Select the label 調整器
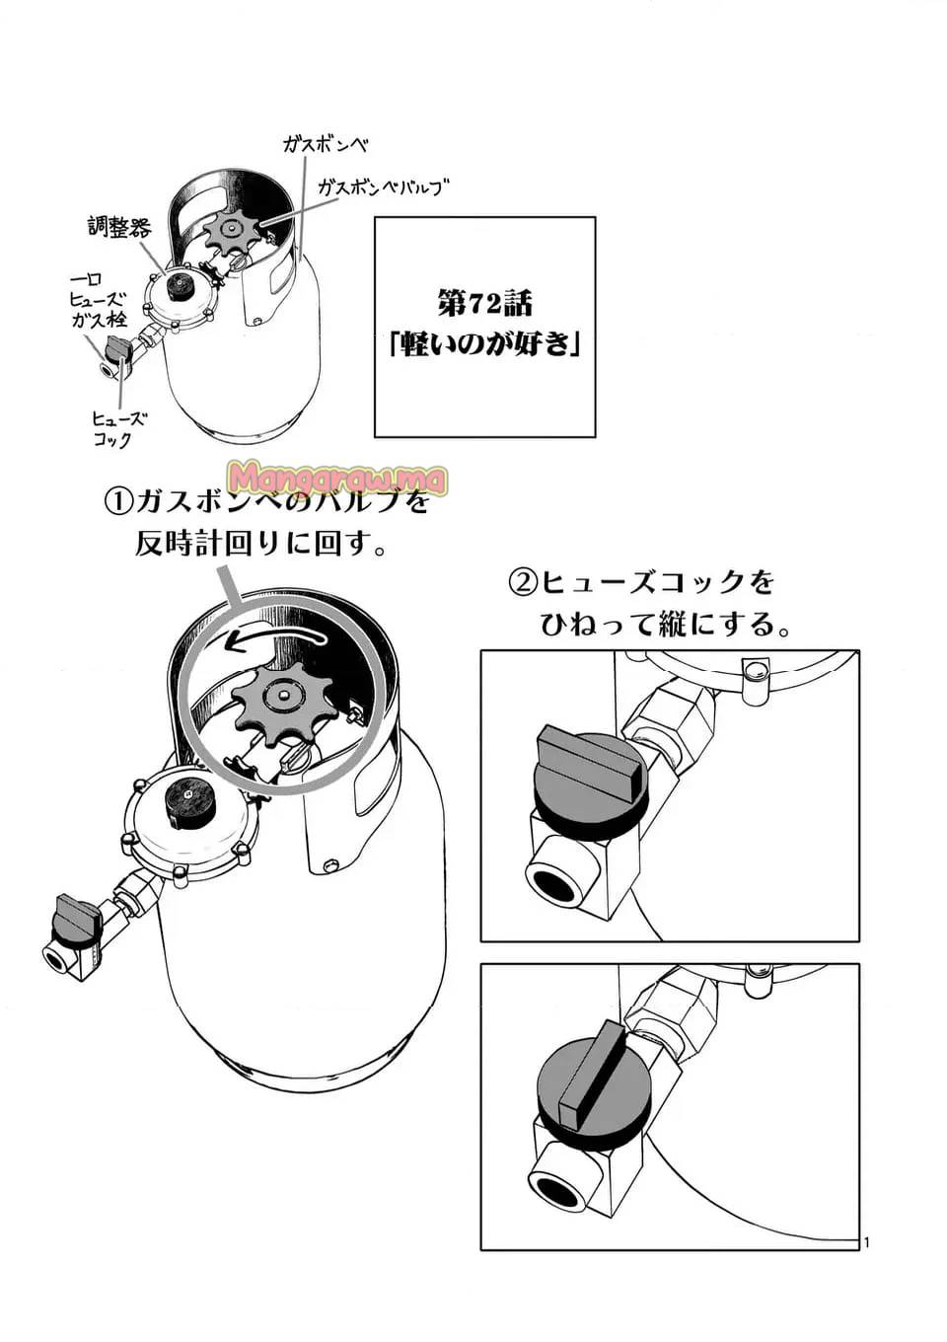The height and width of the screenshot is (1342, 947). (119, 227)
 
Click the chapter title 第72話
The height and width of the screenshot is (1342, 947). (484, 304)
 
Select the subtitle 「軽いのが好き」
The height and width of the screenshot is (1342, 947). (484, 344)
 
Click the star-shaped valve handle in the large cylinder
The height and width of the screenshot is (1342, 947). (284, 698)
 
